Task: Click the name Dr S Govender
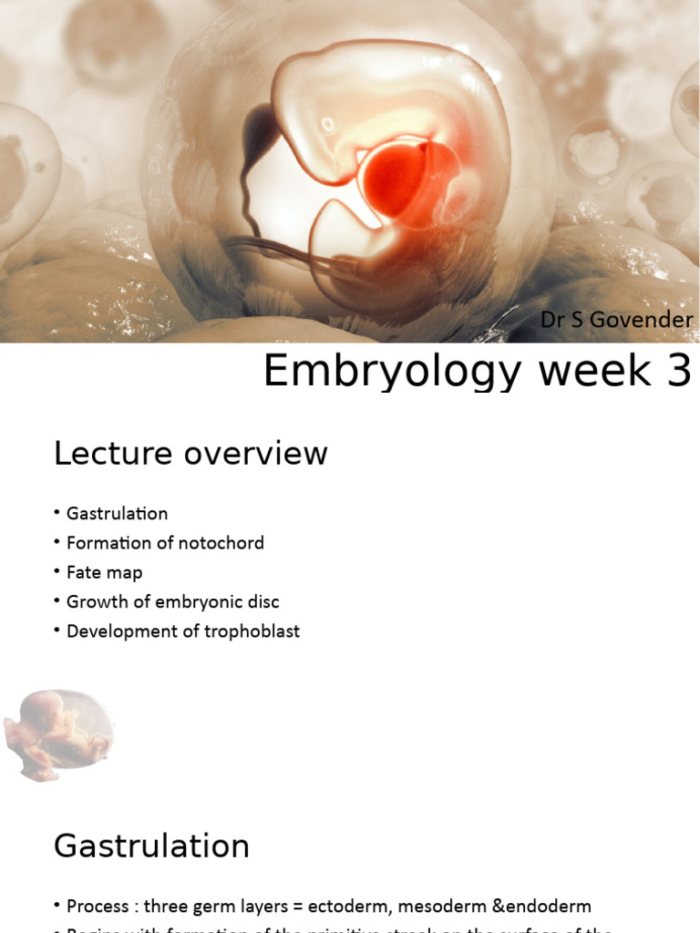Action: point(617,321)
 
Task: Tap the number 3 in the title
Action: point(677,372)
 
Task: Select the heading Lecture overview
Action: point(190,453)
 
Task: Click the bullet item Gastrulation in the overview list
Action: point(117,514)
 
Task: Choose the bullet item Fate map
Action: point(104,572)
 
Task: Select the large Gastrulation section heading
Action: point(151,846)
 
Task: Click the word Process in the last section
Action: point(98,907)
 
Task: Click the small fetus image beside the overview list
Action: point(58,734)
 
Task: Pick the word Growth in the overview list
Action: point(95,601)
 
